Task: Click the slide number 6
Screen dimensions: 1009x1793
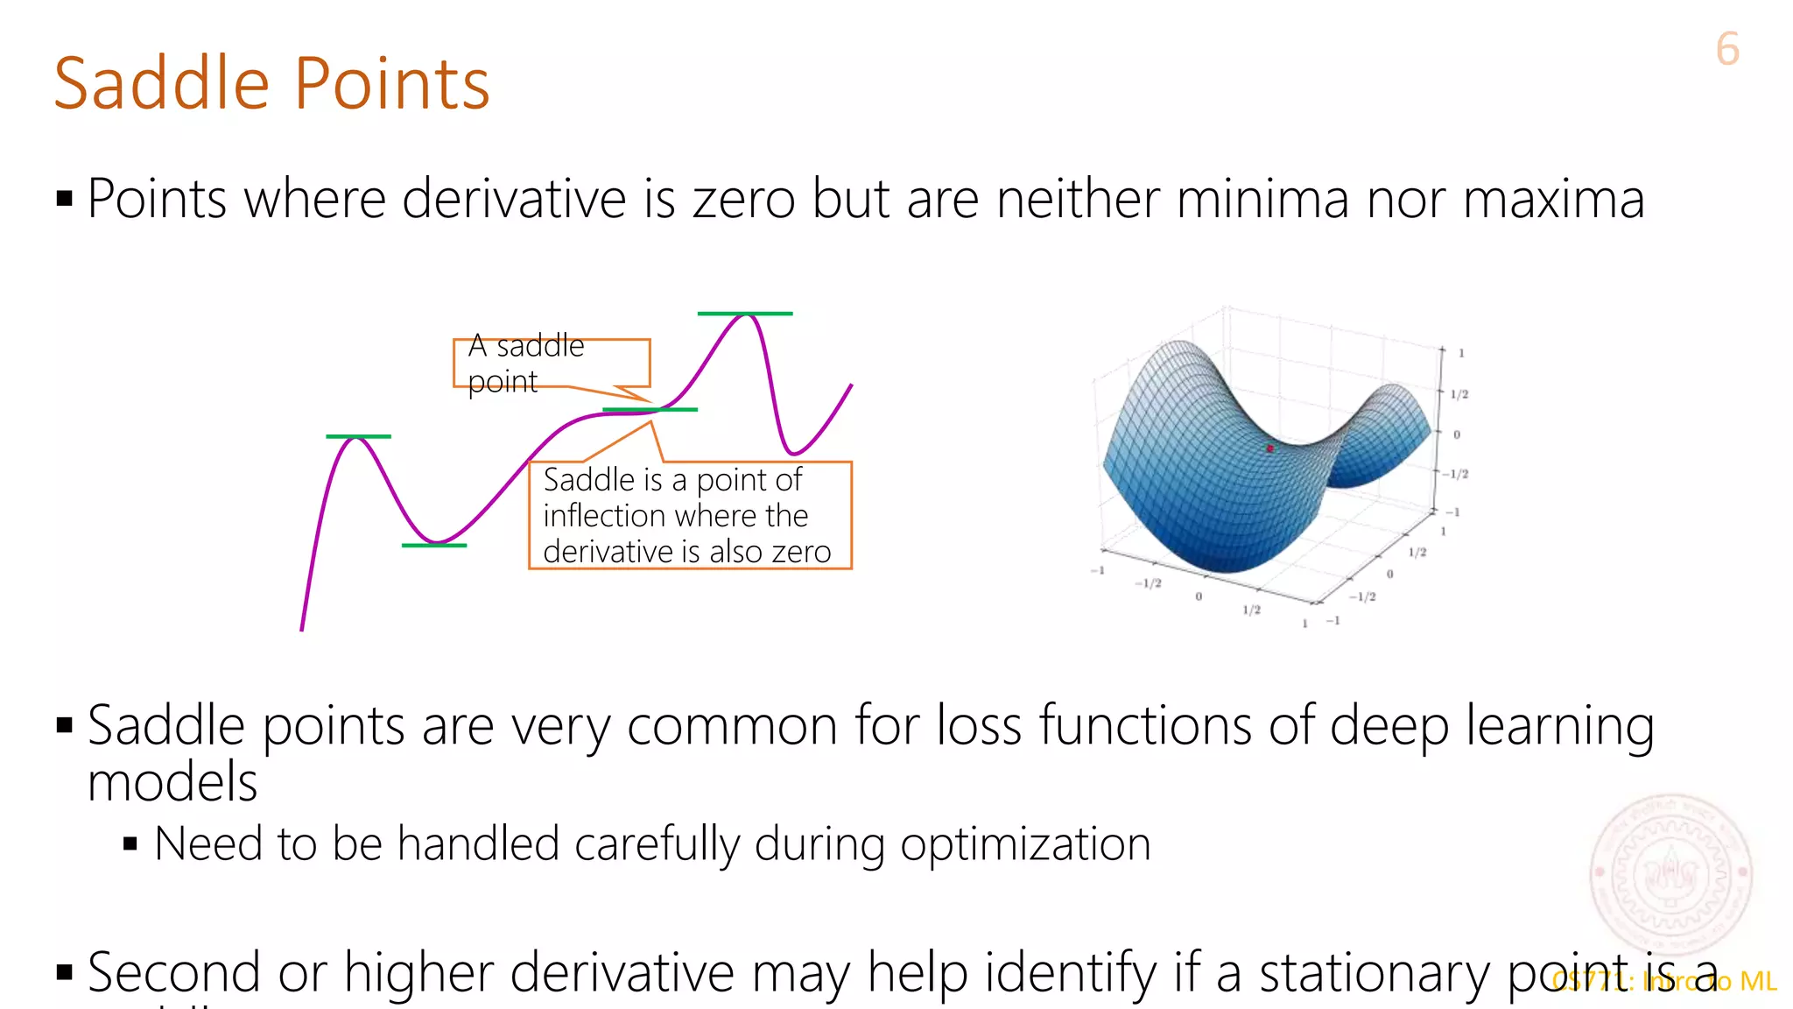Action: [1726, 49]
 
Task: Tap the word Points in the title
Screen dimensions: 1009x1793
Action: [391, 84]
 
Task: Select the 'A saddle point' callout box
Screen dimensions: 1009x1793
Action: [551, 363]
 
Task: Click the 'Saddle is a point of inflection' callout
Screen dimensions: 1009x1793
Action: [689, 516]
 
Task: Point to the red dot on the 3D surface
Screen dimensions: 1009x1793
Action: [1269, 448]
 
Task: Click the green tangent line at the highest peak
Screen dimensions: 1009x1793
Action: [744, 314]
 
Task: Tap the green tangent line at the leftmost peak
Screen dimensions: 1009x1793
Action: [358, 436]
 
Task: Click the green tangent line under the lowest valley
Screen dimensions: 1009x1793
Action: [433, 546]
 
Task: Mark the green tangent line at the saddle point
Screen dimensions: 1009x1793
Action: [650, 410]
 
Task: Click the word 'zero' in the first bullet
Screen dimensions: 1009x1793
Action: [743, 200]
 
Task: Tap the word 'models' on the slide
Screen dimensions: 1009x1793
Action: [172, 782]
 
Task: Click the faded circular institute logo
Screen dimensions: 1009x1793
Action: [1670, 872]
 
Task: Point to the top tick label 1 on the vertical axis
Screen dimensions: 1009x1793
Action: [1461, 353]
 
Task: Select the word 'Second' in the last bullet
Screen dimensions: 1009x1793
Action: [173, 974]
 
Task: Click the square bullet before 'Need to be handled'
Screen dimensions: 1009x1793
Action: [130, 845]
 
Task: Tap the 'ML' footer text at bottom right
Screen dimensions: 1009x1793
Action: [1758, 982]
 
